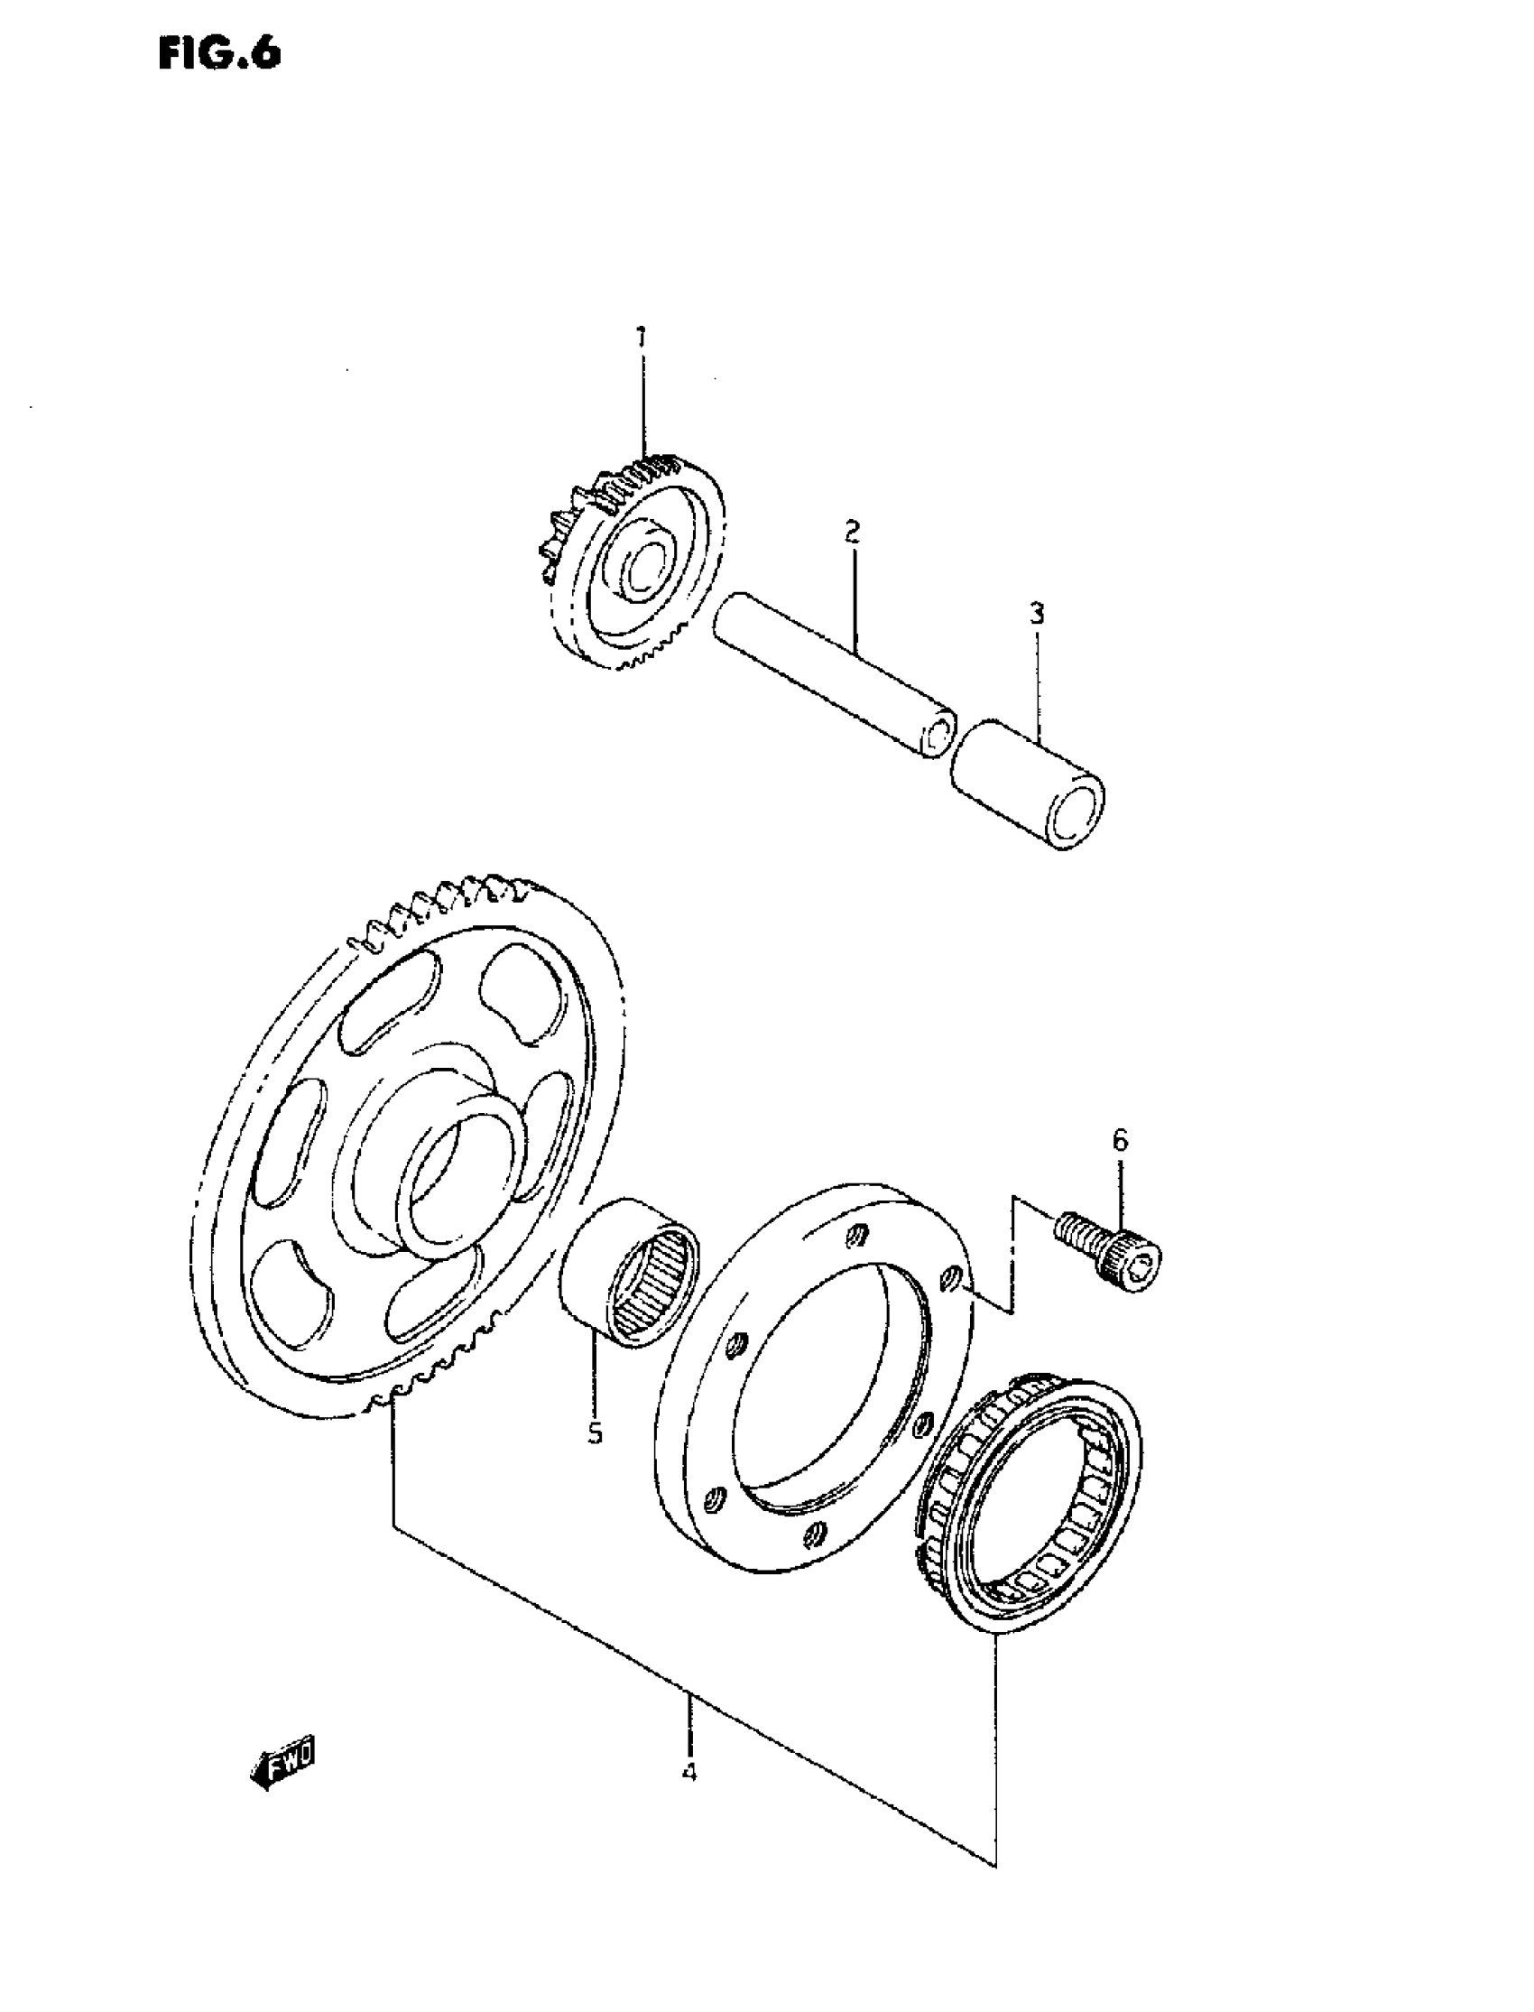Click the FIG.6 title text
pos(220,54)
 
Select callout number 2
pos(852,532)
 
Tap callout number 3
pos(1037,615)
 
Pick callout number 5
pos(595,1433)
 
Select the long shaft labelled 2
pos(831,667)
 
